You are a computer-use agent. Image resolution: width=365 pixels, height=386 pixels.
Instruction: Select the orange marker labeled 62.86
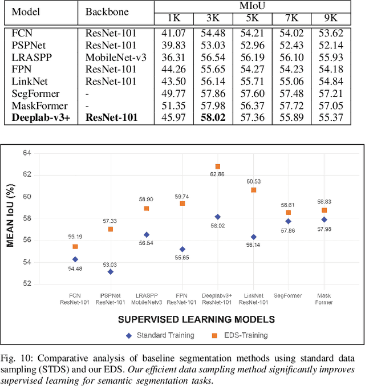(x=217, y=166)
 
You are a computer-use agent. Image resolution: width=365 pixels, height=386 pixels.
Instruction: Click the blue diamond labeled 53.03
(x=109, y=271)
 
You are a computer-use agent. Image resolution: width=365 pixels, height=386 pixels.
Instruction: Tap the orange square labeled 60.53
(x=253, y=190)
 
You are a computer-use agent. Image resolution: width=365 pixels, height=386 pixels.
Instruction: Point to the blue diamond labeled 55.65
(x=182, y=249)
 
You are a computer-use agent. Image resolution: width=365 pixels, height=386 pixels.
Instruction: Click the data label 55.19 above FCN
(x=75, y=236)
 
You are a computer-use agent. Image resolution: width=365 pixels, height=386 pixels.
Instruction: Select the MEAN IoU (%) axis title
(x=11, y=218)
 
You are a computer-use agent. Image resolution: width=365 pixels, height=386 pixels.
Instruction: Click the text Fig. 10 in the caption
(x=18, y=358)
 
